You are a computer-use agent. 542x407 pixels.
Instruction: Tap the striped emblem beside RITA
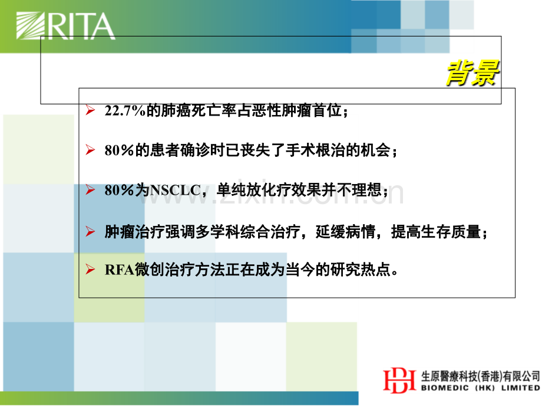coord(31,25)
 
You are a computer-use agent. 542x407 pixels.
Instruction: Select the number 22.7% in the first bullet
coord(125,111)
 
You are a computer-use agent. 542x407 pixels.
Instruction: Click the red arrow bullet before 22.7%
coord(90,110)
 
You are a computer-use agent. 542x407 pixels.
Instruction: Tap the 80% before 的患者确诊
coord(119,150)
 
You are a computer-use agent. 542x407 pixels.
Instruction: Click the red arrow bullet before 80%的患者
coord(90,150)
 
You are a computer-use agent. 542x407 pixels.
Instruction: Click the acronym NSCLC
coord(175,191)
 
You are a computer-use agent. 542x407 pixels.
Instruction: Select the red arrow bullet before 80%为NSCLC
coord(90,190)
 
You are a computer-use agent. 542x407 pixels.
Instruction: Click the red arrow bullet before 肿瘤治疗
coord(90,231)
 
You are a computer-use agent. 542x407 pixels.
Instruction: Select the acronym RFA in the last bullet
coord(119,270)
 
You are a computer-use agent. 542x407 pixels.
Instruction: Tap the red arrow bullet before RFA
coord(90,269)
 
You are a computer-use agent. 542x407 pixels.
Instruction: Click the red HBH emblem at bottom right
coord(399,380)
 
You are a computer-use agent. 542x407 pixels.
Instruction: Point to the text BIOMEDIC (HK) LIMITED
coord(481,388)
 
